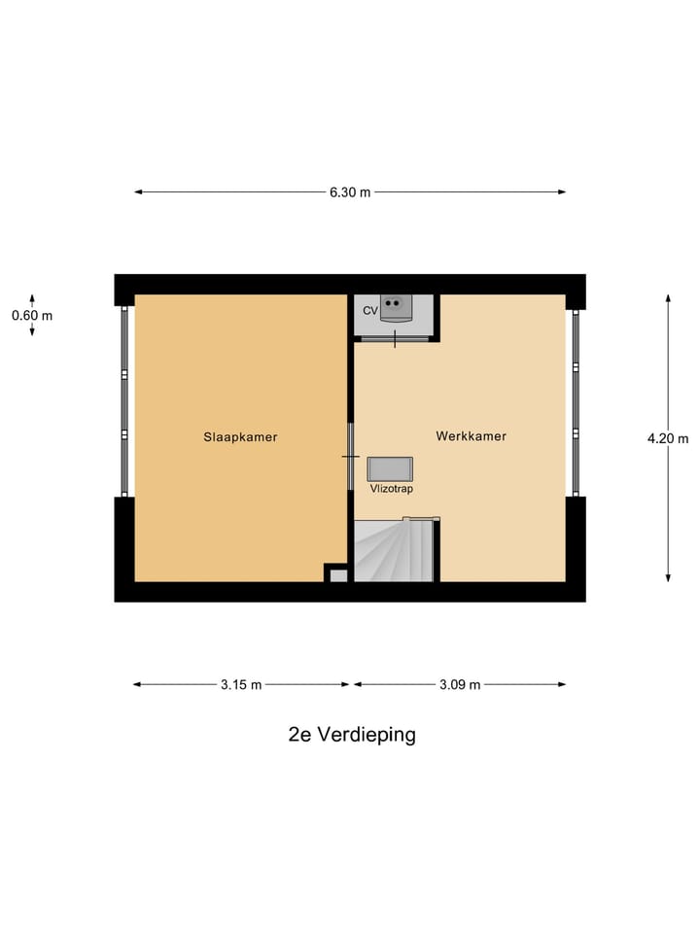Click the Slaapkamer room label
click(240, 437)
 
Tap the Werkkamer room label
click(472, 436)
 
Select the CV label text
click(369, 310)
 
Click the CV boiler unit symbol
click(395, 307)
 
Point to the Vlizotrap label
click(391, 489)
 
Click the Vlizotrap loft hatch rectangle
click(390, 468)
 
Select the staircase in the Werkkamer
click(393, 552)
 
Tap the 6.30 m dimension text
click(350, 192)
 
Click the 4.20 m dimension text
click(667, 438)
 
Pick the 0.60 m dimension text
click(32, 315)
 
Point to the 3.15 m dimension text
click(241, 685)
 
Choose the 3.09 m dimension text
click(460, 685)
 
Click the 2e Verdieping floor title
click(352, 735)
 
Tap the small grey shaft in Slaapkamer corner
click(337, 575)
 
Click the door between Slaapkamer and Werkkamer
click(351, 457)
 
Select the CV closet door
click(394, 338)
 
